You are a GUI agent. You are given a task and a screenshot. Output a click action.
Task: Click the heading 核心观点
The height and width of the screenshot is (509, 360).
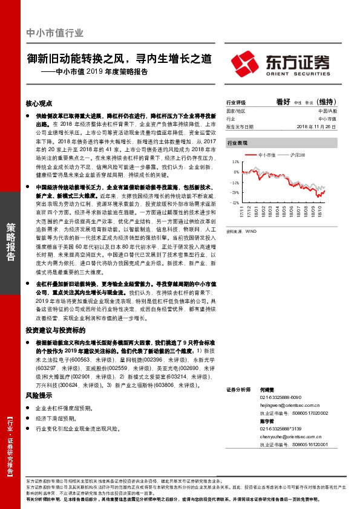click(x=39, y=103)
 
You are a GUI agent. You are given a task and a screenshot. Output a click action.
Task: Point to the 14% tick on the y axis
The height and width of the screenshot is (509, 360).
click(x=234, y=163)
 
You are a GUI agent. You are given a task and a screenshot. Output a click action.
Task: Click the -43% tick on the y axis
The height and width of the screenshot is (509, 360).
click(x=233, y=203)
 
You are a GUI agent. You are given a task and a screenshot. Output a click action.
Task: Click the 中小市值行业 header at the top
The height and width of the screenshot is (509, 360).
click(x=55, y=34)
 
